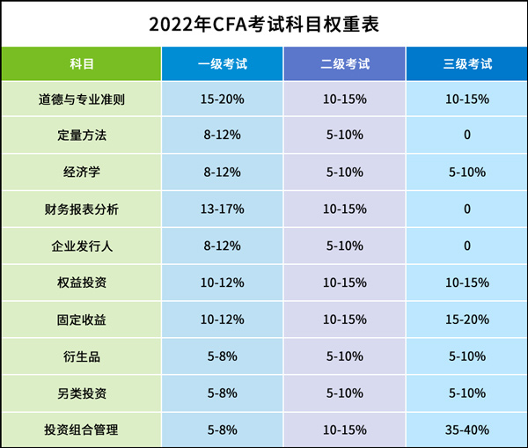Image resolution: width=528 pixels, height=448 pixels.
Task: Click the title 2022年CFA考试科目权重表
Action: point(264,24)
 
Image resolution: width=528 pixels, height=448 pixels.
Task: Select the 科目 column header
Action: point(82,63)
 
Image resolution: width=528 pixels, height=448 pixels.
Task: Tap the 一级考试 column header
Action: point(222,63)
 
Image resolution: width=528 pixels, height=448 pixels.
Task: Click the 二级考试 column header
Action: point(344,63)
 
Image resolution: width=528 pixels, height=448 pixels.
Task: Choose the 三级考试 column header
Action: point(466,63)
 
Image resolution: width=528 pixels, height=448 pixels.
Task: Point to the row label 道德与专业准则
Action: point(82,99)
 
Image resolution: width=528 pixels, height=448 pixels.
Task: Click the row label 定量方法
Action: point(82,136)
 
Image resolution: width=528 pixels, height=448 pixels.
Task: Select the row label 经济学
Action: point(82,173)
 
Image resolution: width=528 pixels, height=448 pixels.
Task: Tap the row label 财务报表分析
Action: point(82,209)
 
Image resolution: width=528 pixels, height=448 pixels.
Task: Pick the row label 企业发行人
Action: point(82,246)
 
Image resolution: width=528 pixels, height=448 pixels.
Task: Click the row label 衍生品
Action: point(82,356)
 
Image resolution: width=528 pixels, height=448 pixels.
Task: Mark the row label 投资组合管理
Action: point(82,430)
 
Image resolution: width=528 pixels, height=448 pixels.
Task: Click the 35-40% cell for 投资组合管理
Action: point(466,430)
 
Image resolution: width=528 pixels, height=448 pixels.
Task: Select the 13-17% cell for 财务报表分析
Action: point(222,209)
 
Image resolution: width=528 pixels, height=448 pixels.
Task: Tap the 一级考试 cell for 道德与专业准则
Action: point(222,99)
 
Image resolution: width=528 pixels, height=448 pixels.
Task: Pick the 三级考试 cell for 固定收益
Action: point(466,319)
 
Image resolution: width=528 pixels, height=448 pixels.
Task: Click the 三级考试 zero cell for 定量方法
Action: point(466,136)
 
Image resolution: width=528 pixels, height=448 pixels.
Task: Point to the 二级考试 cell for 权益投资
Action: point(344,283)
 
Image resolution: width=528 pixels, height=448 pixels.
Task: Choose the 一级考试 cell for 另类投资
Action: point(222,393)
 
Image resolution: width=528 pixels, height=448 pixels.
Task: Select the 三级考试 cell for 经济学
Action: point(466,173)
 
